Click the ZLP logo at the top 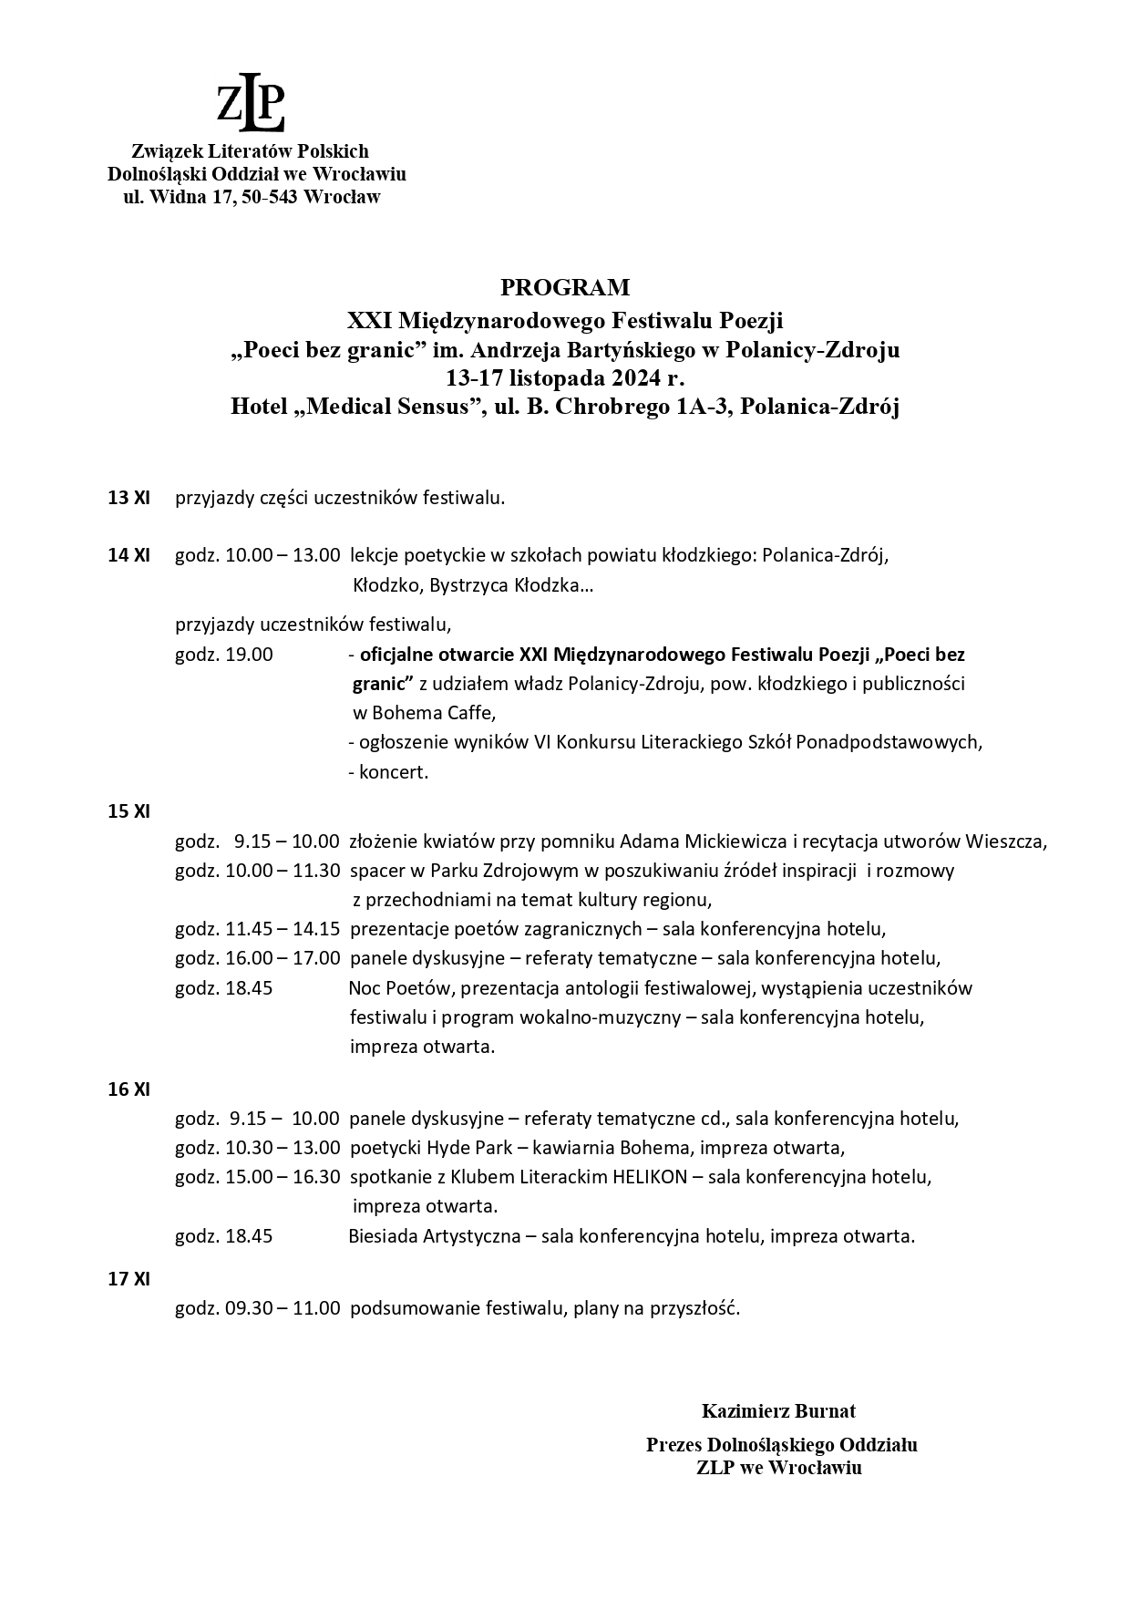[x=251, y=107]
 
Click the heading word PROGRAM [x=565, y=288]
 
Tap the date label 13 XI [x=129, y=499]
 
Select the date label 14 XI [x=129, y=555]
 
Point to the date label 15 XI [x=129, y=811]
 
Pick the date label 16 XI [x=129, y=1089]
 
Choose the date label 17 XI [x=129, y=1279]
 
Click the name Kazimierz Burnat [x=778, y=1411]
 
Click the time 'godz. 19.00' [x=224, y=655]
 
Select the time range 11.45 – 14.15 [x=283, y=930]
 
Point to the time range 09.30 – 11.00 [x=283, y=1309]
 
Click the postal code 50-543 [x=271, y=197]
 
